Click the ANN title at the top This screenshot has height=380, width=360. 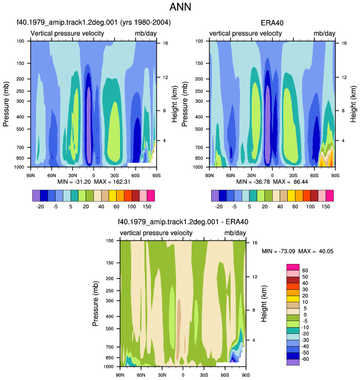180,7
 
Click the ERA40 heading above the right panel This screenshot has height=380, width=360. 272,23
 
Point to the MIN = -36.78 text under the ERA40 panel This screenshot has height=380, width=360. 253,182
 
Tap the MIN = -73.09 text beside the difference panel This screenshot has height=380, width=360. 278,251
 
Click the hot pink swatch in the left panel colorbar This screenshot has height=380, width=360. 151,196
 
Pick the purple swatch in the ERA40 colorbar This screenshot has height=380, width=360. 215,196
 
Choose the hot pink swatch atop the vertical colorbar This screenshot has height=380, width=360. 293,267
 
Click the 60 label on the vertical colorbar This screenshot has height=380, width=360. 305,271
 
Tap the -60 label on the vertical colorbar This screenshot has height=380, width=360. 305,359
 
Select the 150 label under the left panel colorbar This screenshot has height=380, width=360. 147,207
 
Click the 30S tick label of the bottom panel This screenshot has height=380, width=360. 204,375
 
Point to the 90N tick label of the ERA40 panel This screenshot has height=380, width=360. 209,176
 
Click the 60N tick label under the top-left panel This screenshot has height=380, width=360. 52,176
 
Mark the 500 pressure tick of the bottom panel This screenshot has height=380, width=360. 109,329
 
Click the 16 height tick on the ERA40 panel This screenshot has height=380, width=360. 344,43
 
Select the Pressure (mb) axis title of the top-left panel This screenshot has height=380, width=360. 6,104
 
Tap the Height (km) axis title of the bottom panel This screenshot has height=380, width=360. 264,304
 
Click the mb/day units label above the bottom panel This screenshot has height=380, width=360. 235,233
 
